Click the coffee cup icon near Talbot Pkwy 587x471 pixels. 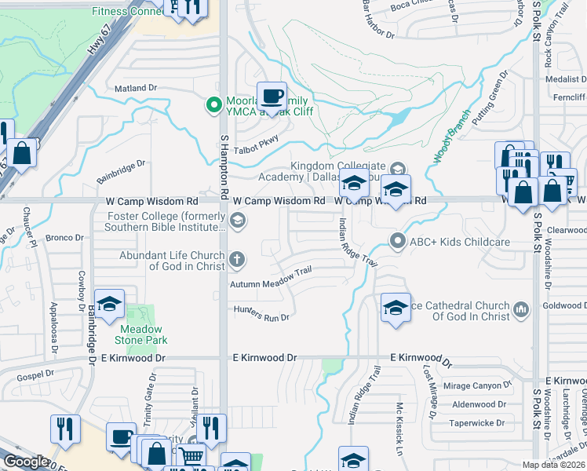[x=272, y=97]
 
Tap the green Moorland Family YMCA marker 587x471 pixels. [x=211, y=104]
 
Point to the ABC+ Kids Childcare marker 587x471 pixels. [x=399, y=241]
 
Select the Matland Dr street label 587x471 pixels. [x=136, y=89]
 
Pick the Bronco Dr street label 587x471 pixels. [x=64, y=237]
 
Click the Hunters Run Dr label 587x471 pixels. [x=261, y=313]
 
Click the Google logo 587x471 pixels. [x=27, y=462]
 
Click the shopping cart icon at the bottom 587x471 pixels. [x=191, y=456]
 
